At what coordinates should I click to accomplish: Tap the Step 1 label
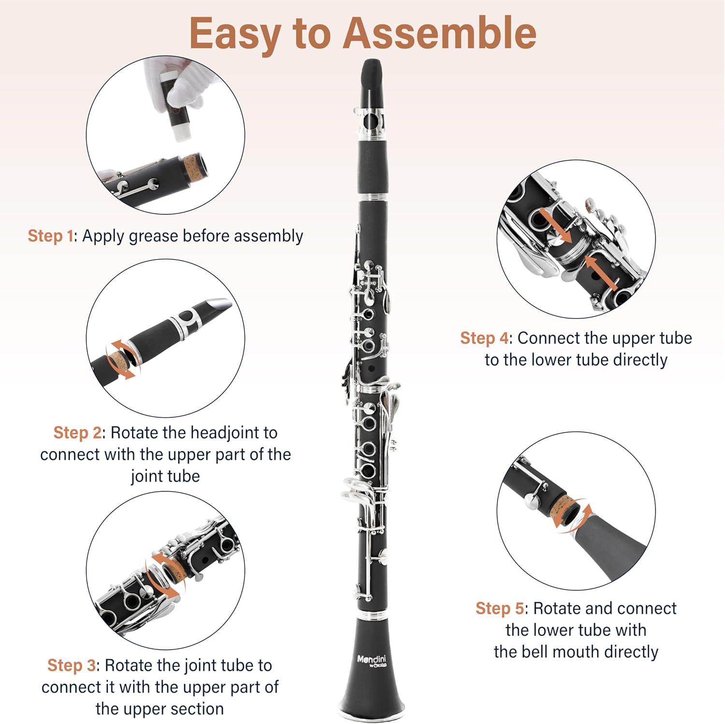[x=50, y=236]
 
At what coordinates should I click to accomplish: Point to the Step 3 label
[x=72, y=666]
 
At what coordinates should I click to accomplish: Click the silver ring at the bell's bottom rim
[x=371, y=714]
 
